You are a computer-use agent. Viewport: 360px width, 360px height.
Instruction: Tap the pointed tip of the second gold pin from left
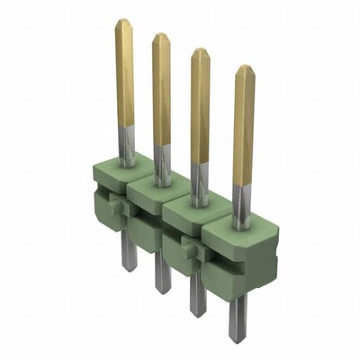click(161, 36)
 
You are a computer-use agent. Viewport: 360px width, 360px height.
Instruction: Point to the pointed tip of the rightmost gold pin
click(244, 67)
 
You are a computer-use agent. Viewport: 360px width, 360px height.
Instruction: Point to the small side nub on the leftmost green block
click(113, 206)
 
